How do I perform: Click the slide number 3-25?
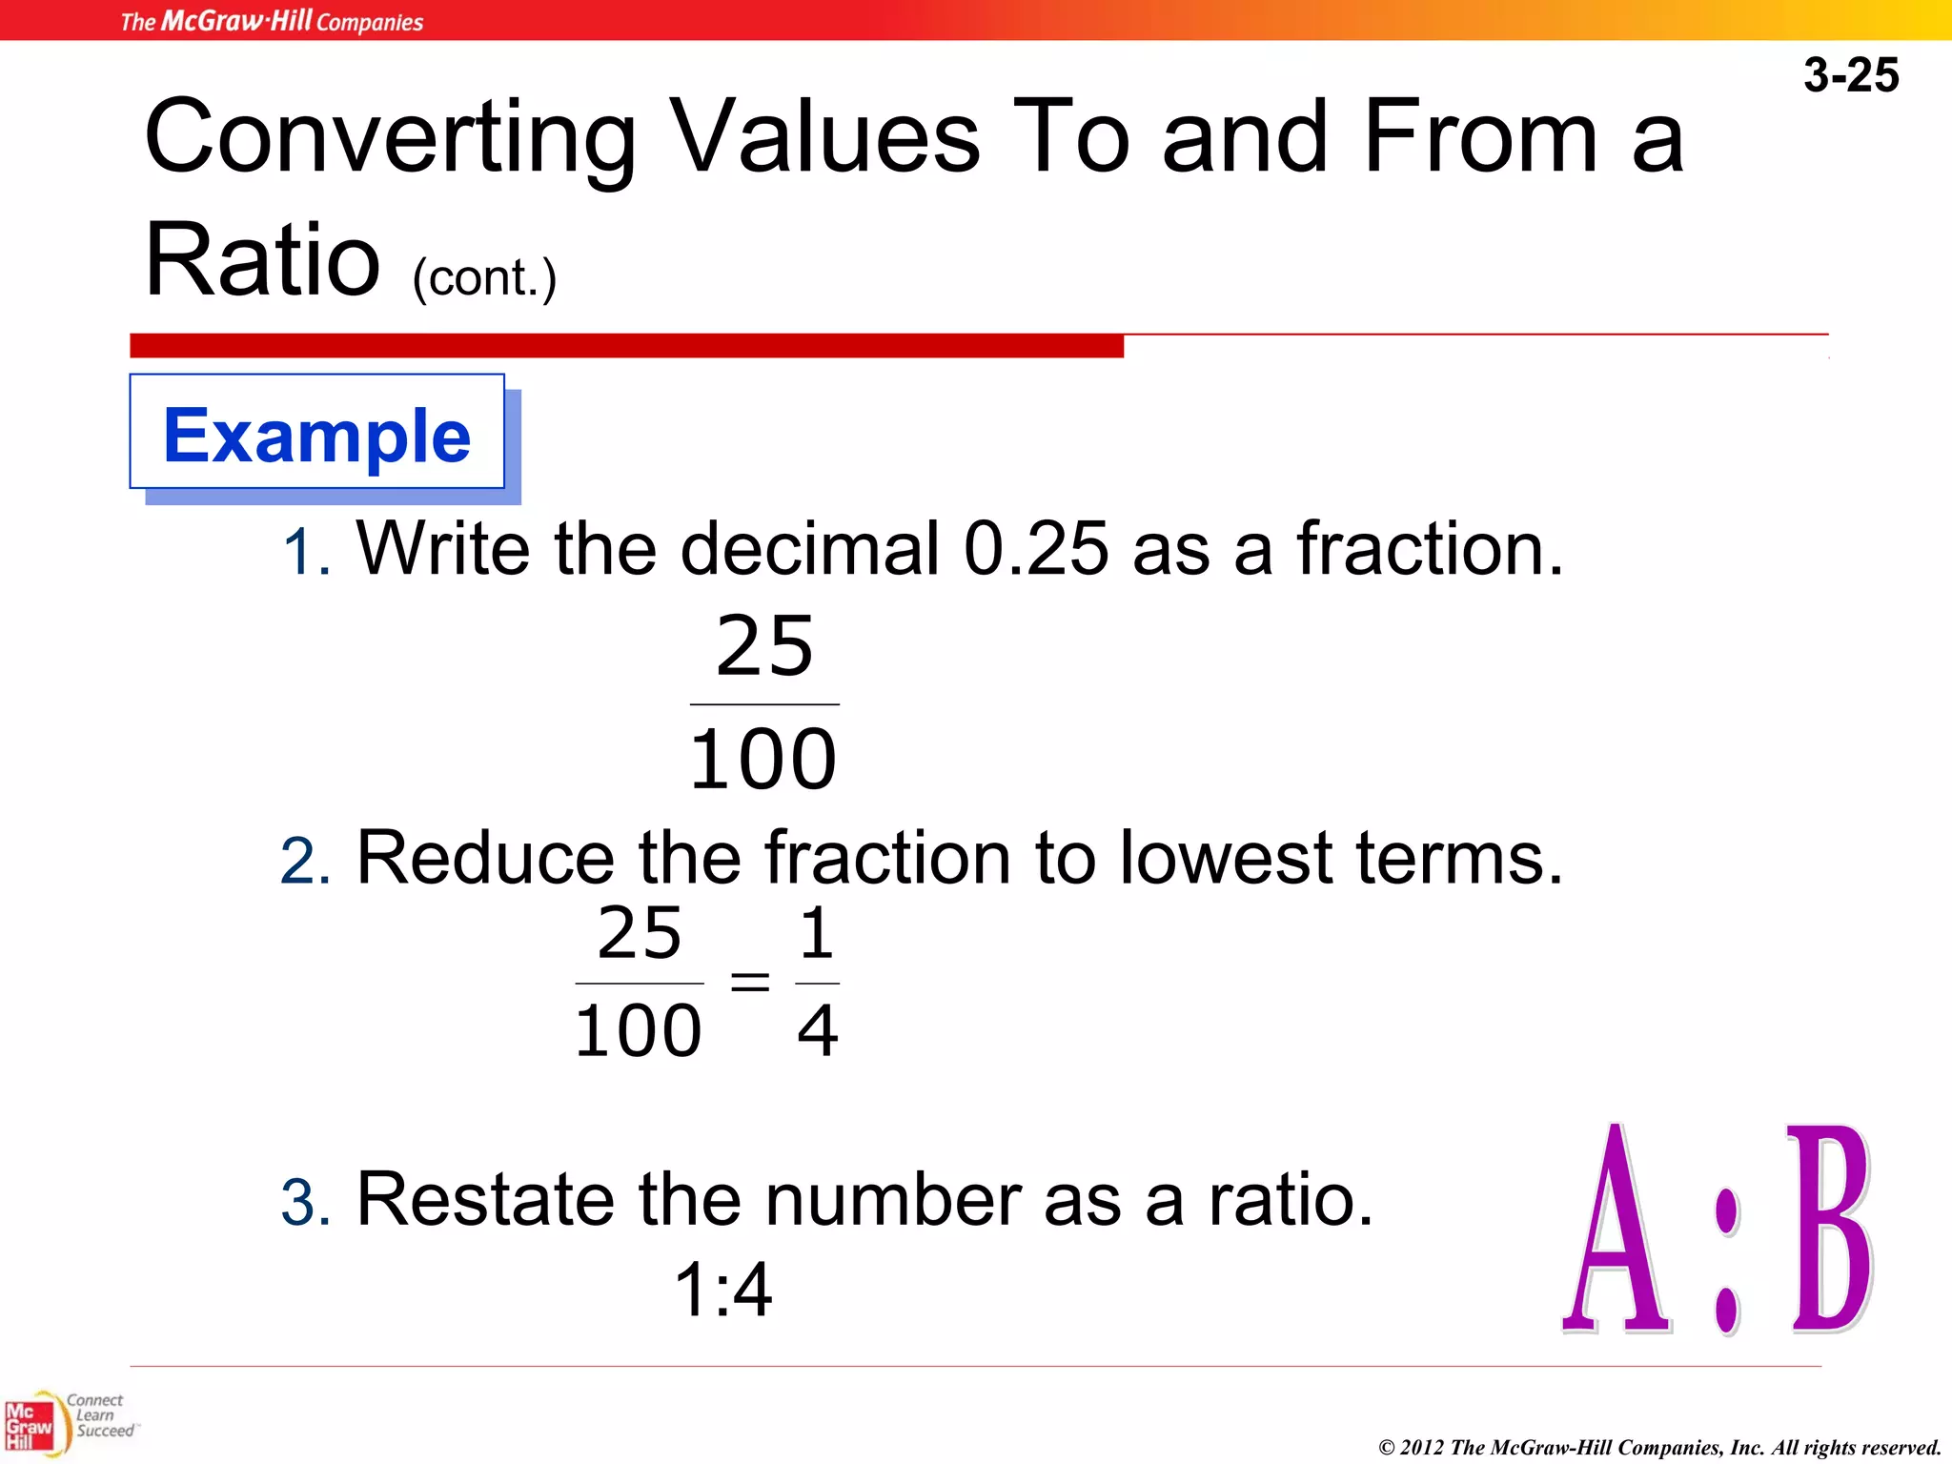tap(1850, 75)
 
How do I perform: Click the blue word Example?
tap(316, 436)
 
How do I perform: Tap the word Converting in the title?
tap(390, 138)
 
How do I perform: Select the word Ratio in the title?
tap(262, 259)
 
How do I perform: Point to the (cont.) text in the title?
tap(484, 278)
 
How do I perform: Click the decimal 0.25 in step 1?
tap(1036, 549)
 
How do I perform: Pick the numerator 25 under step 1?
tap(764, 646)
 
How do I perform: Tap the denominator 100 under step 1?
tap(762, 760)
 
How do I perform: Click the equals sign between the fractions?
tap(749, 981)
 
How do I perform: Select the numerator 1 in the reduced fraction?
tap(817, 933)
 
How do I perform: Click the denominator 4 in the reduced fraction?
tap(817, 1030)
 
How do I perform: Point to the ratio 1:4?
tap(722, 1290)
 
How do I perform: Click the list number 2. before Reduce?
tap(305, 861)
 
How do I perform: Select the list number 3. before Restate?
tap(305, 1202)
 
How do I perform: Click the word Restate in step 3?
tap(485, 1198)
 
